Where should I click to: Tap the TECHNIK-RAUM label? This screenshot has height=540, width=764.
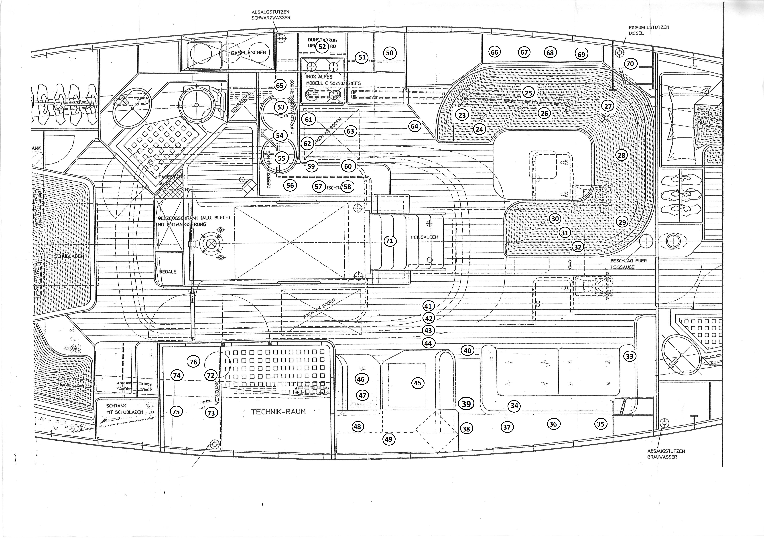(278, 411)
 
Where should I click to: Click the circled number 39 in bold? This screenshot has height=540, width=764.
(466, 404)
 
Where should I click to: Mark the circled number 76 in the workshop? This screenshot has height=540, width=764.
(193, 362)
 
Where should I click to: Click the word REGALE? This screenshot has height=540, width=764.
(168, 272)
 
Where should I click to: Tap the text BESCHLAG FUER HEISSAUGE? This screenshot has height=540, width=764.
(629, 264)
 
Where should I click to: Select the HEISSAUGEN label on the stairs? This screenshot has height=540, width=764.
(424, 237)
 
